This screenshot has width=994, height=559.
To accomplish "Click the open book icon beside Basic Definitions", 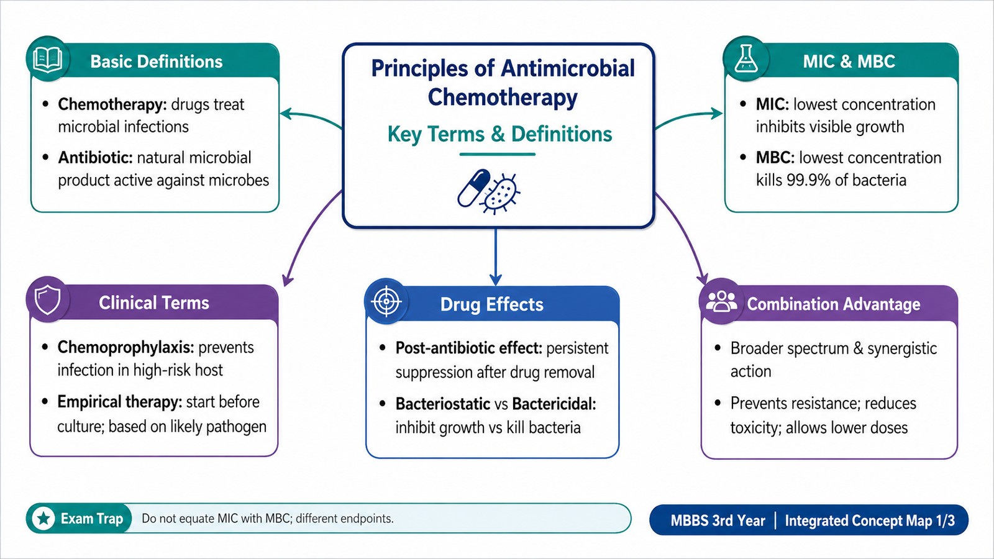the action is pos(47,59).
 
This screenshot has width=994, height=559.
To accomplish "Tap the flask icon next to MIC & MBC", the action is pos(746,58).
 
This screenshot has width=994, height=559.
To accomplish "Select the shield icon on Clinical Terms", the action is pos(47,300).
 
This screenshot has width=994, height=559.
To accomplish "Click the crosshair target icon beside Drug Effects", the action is pos(386,301).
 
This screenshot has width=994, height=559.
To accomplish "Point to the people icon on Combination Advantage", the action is pos(721,302).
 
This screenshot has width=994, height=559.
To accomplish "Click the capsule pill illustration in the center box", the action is pos(473,188).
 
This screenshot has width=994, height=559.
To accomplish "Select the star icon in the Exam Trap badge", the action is pos(43,518).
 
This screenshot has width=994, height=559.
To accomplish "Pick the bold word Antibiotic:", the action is pos(96,158).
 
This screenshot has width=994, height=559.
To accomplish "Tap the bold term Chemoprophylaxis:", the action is pos(125,347).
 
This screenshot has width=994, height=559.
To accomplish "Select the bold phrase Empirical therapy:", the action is pos(120,402).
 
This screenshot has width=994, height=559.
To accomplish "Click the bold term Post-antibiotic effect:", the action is pos(468,348).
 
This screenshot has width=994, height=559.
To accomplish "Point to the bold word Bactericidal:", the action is pos(554,404).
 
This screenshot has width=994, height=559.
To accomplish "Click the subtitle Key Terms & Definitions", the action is pos(499,134).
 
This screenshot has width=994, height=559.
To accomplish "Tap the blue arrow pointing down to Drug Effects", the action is pos(495,257).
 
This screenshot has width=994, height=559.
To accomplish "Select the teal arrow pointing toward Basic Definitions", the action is pos(311,117).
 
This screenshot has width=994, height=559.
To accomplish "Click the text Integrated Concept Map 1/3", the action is pos(870,520).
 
